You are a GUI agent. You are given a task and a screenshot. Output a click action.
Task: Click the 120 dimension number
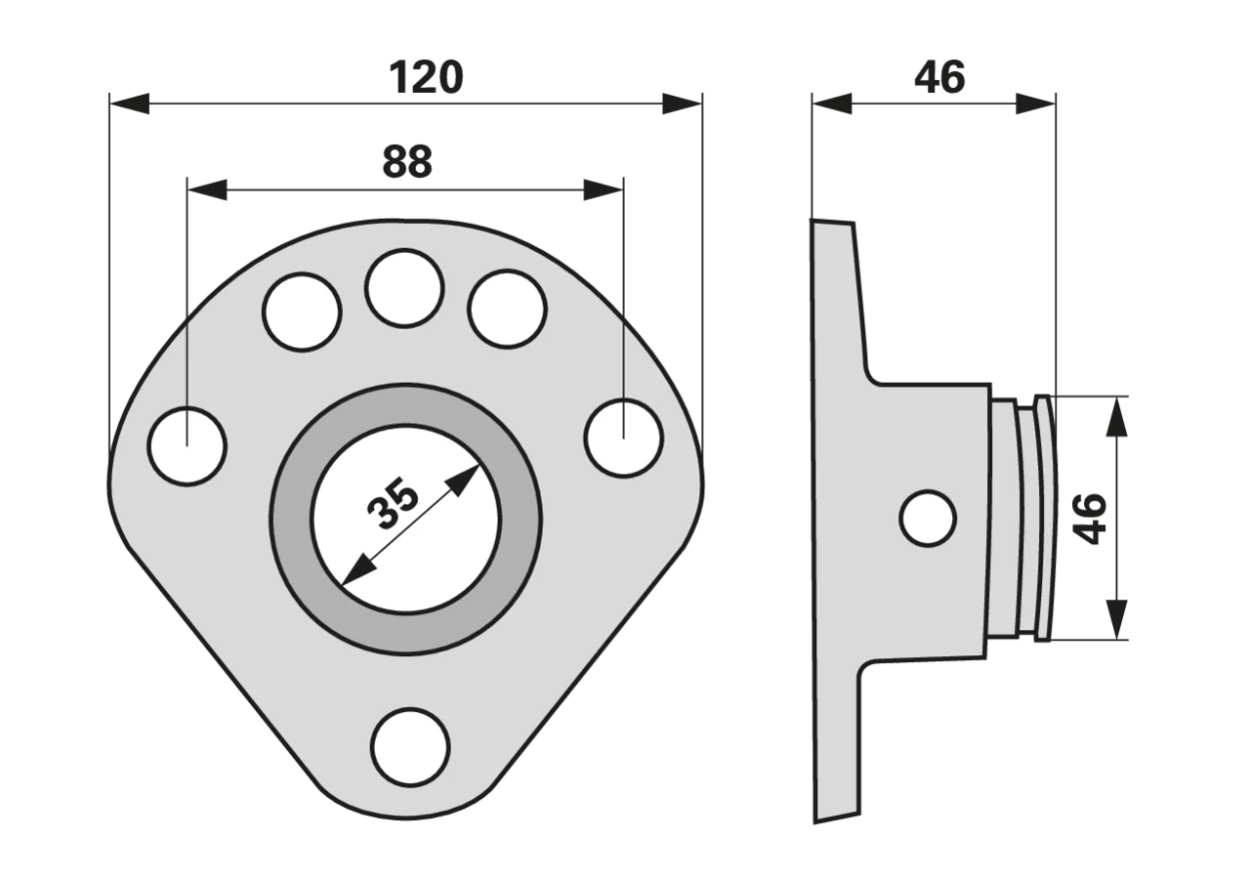426,77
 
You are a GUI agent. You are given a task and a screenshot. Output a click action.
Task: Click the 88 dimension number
407,162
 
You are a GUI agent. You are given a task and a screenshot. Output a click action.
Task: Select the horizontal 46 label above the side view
939,77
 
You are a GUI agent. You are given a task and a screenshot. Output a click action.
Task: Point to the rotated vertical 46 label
1090,519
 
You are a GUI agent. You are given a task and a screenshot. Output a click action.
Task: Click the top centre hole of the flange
404,288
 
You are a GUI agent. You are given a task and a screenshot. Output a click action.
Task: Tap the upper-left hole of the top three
302,312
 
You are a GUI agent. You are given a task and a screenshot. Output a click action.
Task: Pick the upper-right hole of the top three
507,310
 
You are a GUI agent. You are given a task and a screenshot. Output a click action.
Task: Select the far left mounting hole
187,446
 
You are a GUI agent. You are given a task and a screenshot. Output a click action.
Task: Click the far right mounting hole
624,439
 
